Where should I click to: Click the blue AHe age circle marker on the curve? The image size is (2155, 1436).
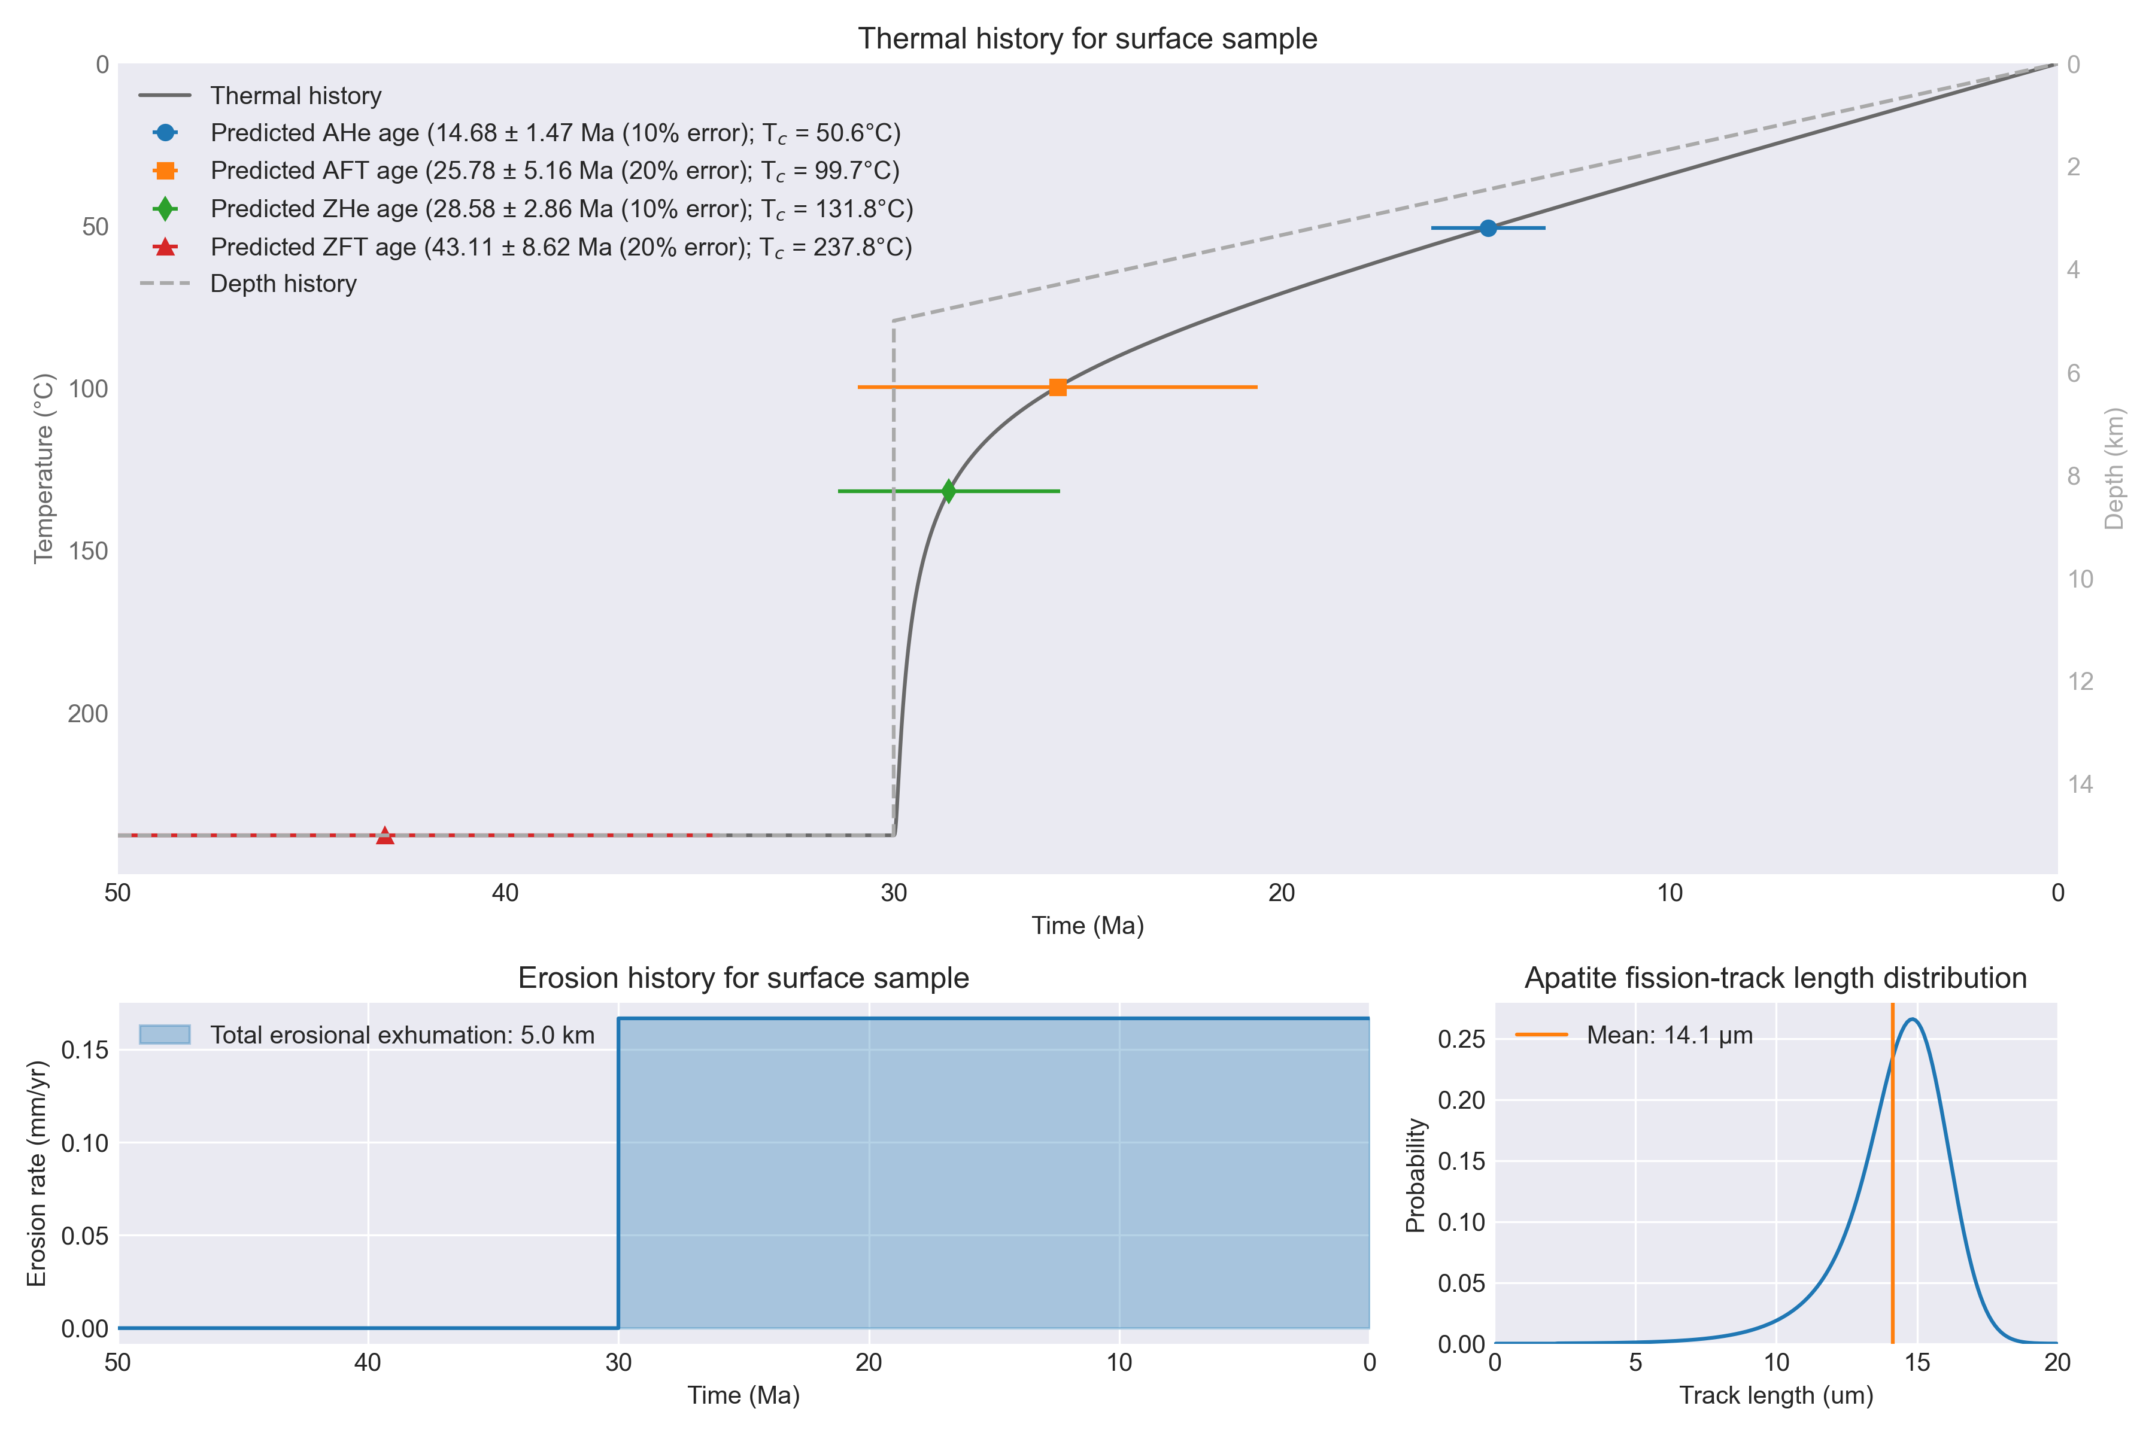(1488, 228)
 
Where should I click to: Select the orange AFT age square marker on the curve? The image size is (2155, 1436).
(1057, 387)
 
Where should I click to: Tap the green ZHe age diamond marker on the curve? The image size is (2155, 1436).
(948, 492)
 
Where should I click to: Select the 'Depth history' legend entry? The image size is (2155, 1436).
(247, 284)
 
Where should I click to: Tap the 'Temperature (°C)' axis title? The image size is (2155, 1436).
(43, 468)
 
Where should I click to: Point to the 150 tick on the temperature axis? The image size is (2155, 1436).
(88, 551)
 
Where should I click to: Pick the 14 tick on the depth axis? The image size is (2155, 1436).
(2081, 784)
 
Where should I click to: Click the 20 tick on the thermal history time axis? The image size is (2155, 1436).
(1282, 893)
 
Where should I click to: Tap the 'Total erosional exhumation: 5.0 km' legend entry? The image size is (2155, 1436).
(366, 1035)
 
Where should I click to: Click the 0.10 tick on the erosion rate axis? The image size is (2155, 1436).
(84, 1143)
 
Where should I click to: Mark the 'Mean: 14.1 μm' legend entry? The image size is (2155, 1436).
(1634, 1035)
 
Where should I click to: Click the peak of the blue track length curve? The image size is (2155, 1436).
(1911, 1020)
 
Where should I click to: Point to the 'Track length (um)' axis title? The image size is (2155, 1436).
(1775, 1396)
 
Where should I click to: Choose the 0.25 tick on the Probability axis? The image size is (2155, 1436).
(1461, 1039)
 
